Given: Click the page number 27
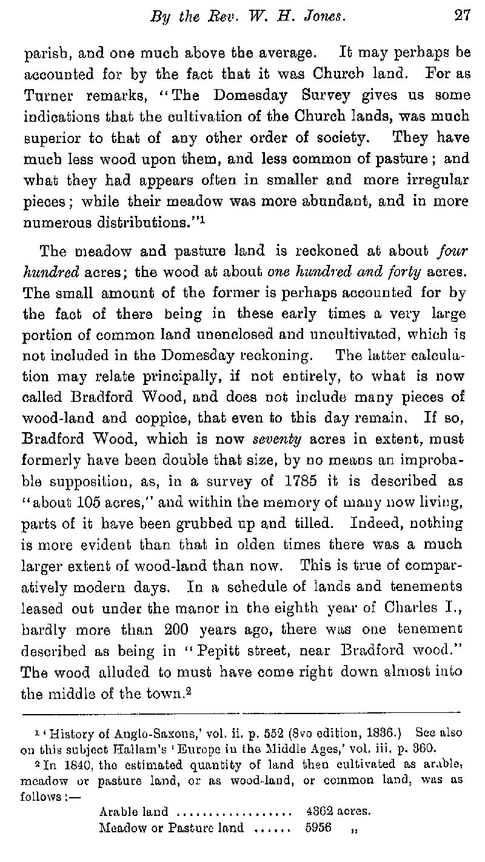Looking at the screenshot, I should pyautogui.click(x=462, y=17).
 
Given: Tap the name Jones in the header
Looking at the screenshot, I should pyautogui.click(x=324, y=17).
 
